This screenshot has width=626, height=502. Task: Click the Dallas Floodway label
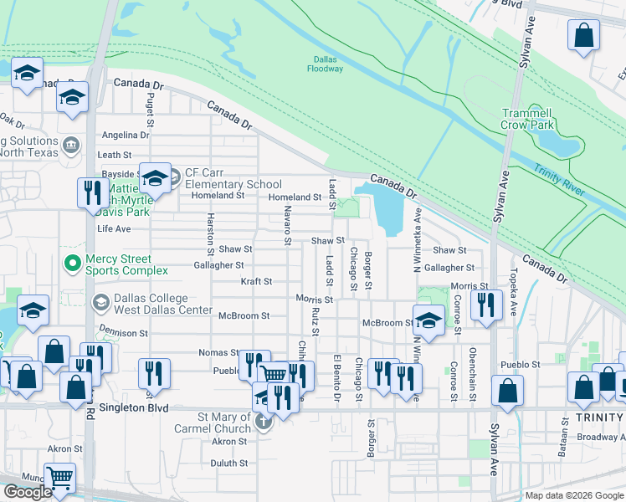[x=328, y=64]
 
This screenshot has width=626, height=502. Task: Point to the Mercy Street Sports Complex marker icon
[x=73, y=264]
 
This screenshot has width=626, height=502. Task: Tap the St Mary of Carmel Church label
[x=223, y=423]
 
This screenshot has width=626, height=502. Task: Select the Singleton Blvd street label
[x=135, y=408]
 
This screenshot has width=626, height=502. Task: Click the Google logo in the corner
[x=27, y=491]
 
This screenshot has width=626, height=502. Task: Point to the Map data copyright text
[x=574, y=495]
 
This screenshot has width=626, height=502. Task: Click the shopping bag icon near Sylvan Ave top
[x=583, y=36]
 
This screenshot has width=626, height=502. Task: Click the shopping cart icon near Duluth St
[x=60, y=479]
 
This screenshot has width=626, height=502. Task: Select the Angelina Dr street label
[x=125, y=136]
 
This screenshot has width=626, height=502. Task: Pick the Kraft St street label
[x=256, y=282]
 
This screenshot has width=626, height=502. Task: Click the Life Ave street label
[x=114, y=228]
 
